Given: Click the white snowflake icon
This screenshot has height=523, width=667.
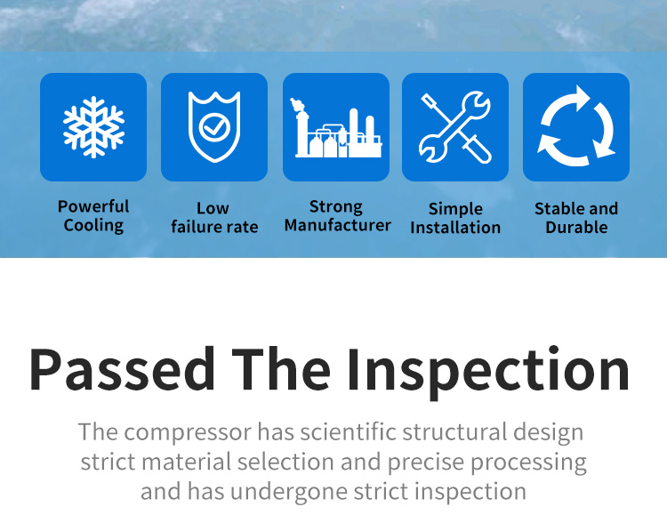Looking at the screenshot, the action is [93, 127].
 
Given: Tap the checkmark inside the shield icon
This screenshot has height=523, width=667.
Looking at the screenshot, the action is [214, 127].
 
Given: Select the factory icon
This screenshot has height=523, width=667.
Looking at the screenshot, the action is [336, 127].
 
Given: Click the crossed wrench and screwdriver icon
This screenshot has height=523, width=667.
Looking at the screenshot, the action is [455, 127].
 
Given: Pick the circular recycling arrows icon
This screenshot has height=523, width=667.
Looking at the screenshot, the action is [576, 126].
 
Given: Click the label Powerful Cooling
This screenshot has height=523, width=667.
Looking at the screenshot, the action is [93, 216].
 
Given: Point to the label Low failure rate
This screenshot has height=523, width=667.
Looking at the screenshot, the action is [214, 217].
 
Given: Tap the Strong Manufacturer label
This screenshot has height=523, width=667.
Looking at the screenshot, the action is [337, 216].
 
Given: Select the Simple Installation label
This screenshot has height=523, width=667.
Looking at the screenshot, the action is [455, 218].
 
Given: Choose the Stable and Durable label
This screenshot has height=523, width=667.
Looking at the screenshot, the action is [576, 218].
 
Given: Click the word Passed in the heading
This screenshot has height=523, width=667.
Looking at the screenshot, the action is [122, 369].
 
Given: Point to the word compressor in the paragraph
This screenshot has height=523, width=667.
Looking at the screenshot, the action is [188, 433].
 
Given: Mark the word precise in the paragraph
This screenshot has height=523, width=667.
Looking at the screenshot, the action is [426, 463].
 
